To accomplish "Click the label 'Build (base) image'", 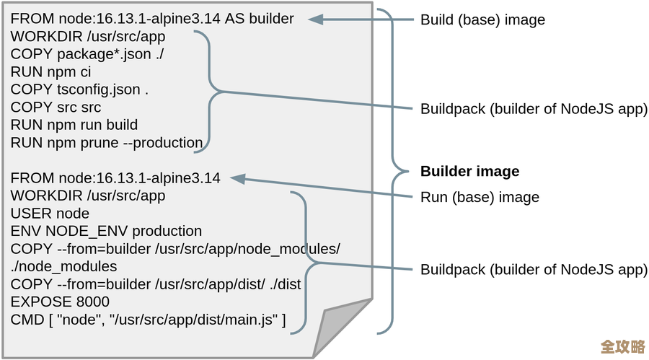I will tap(482, 20).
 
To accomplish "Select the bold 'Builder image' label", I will tap(469, 172).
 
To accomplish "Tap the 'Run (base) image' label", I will tap(480, 197).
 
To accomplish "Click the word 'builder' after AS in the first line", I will tap(271, 19).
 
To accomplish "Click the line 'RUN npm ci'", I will tap(50, 72).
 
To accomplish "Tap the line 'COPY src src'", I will tap(56, 107).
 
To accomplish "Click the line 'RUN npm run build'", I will tap(74, 125).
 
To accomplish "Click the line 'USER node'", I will tap(50, 214).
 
